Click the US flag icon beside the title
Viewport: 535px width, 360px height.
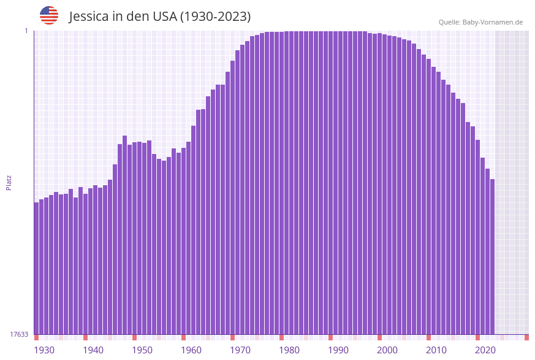click(49, 15)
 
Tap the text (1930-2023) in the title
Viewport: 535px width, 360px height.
click(214, 17)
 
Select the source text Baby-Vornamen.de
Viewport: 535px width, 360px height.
click(493, 22)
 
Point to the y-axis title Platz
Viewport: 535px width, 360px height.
click(9, 182)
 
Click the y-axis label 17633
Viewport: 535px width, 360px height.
click(19, 334)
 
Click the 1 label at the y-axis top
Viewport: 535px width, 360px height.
click(26, 31)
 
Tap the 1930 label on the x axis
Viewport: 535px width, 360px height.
click(44, 350)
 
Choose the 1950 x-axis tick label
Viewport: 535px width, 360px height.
click(142, 350)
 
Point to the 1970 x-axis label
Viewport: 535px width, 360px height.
click(240, 350)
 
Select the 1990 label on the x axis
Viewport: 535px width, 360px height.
click(338, 350)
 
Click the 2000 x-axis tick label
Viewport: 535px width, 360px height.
click(387, 350)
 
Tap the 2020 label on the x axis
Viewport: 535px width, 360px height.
click(485, 350)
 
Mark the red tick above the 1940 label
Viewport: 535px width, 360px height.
click(85, 337)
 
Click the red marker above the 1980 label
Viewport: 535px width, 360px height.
click(281, 337)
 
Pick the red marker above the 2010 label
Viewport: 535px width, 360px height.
click(428, 337)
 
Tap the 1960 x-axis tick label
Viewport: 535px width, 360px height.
click(191, 350)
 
